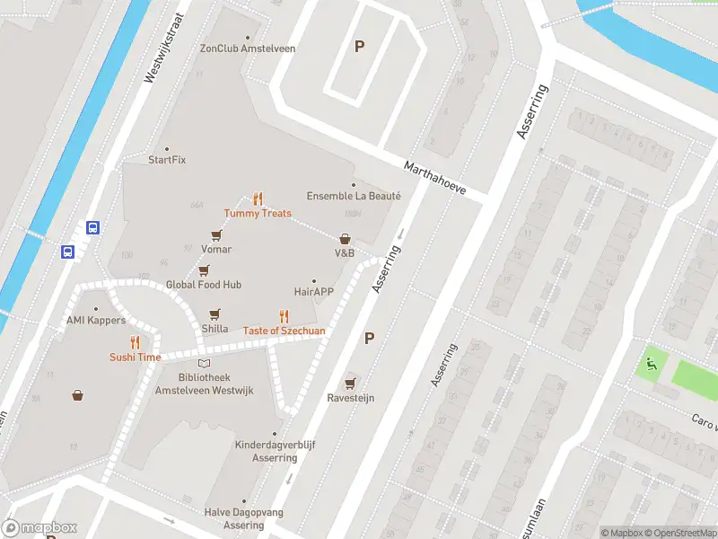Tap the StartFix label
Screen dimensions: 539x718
coord(167,160)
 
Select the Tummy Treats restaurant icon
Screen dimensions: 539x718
coord(258,199)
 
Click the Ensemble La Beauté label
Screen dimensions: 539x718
coord(354,196)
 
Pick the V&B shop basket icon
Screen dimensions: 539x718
coord(345,239)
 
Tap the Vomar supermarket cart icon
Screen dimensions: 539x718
coord(216,234)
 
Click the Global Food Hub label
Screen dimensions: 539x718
coord(204,285)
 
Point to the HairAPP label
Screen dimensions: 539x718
coord(314,291)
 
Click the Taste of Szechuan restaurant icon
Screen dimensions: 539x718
coord(285,315)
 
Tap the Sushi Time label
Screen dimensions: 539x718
coord(136,357)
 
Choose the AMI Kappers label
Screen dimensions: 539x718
coord(96,321)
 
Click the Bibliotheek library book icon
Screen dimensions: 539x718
coord(205,363)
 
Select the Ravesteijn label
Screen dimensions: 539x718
coord(350,397)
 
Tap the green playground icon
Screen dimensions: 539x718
coord(651,364)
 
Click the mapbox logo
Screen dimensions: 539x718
coord(39,528)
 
